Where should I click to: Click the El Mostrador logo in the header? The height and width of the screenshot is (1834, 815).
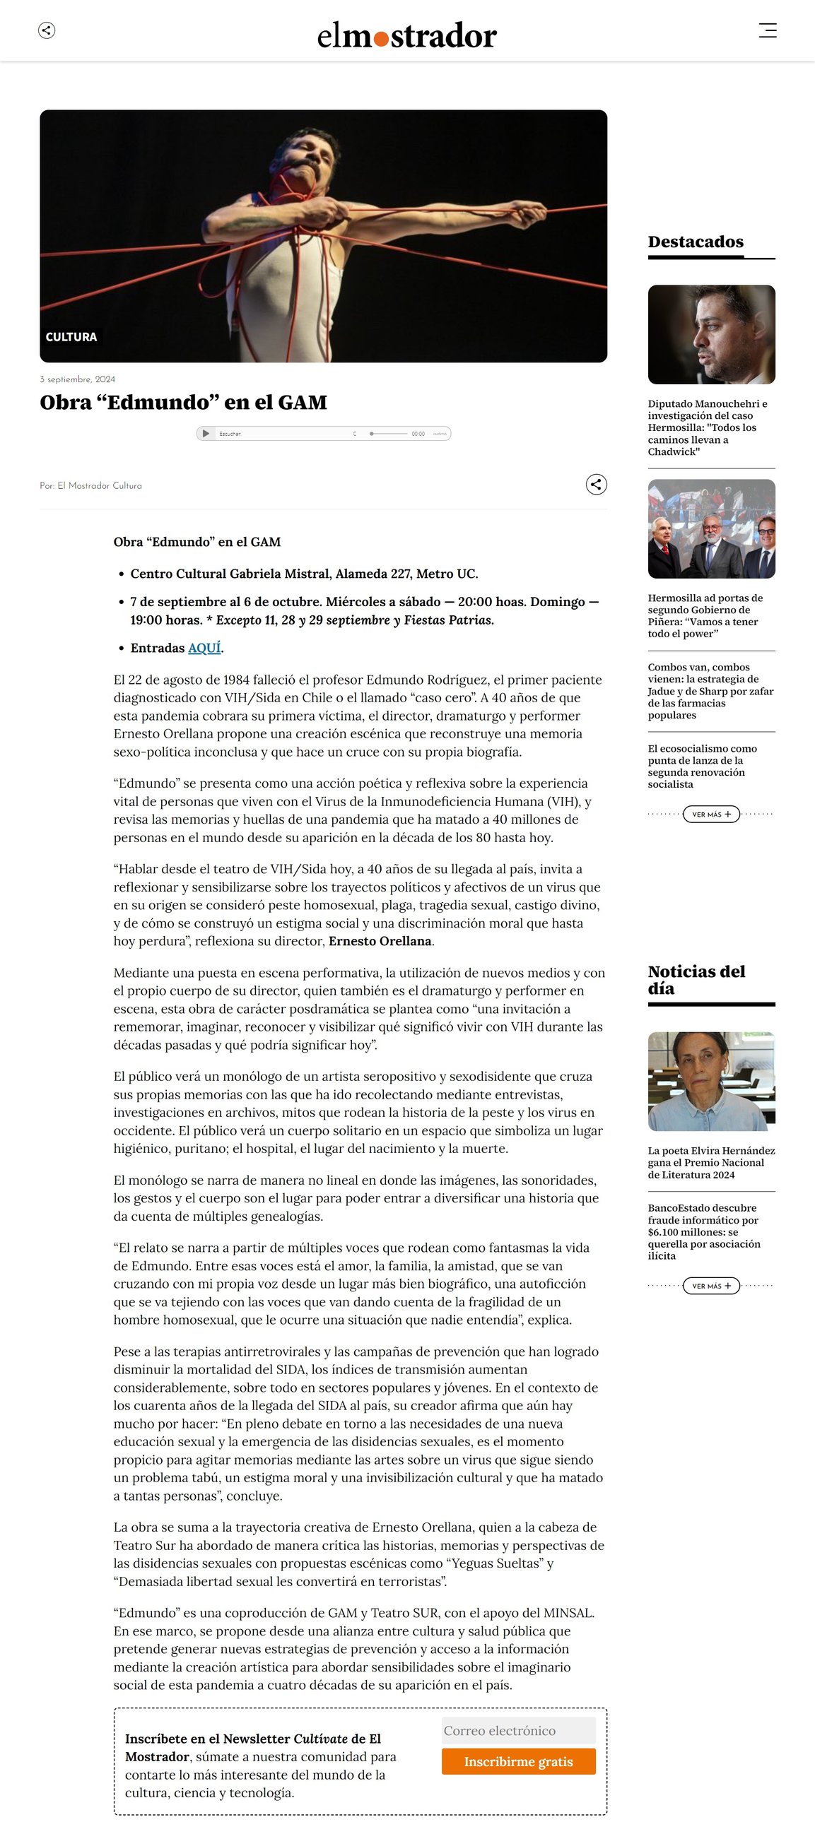coord(406,35)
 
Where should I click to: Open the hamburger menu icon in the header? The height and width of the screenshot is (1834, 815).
coord(767,30)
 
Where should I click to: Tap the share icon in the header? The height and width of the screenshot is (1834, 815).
coord(47,30)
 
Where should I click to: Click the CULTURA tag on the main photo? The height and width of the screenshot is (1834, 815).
coord(71,337)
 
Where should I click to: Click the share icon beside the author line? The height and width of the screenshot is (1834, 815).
coord(597,485)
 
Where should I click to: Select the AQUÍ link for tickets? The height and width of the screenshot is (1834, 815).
coord(204,648)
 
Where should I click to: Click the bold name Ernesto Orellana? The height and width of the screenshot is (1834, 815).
coord(380,941)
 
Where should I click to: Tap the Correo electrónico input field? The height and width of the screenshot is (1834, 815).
coord(518,1731)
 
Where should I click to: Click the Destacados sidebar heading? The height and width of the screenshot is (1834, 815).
coord(696,242)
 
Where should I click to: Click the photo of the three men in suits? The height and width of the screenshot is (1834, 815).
coord(711,529)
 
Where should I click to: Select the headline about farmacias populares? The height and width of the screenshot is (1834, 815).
coord(710,691)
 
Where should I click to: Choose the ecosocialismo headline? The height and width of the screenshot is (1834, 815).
coord(702,766)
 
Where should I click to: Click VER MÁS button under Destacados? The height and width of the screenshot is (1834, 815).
coord(711,814)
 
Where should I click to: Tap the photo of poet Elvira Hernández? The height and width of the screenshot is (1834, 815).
coord(711,1081)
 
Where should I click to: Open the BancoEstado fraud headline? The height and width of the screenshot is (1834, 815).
coord(704,1231)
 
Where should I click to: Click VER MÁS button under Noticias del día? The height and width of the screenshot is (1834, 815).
coord(711,1286)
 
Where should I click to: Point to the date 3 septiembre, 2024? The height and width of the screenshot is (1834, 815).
coord(78,379)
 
